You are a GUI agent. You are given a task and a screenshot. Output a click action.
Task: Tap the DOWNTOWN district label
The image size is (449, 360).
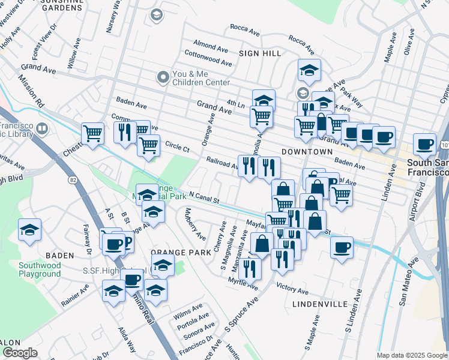306,152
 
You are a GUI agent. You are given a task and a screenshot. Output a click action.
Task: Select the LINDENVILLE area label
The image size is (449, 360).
319,304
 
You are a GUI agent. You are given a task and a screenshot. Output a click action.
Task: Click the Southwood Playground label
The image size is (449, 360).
40,269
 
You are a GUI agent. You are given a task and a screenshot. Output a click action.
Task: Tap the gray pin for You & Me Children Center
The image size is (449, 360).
162,77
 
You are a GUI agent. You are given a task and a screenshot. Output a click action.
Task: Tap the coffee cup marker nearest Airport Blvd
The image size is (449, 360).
425,144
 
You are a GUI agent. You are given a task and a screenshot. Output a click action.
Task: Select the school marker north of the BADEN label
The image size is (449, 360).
29,230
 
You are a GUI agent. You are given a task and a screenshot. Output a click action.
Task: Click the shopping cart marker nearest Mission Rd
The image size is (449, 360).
93,133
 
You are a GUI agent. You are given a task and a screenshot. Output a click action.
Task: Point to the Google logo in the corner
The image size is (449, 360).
20,353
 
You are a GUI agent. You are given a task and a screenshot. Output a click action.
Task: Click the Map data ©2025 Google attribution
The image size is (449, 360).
412,355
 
